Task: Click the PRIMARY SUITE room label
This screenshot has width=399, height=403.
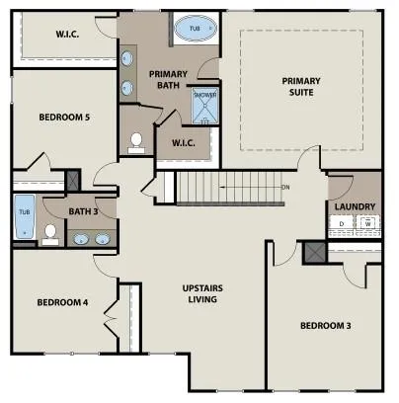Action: [x=301, y=87]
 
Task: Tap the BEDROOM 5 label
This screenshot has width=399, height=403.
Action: [x=64, y=118]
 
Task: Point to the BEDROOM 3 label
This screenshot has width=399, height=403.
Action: [x=325, y=325]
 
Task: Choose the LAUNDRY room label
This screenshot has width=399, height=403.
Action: [x=354, y=206]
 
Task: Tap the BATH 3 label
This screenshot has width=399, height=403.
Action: [x=82, y=210]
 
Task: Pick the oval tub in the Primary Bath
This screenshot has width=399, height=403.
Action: [x=194, y=32]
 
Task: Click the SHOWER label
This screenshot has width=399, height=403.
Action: [x=204, y=96]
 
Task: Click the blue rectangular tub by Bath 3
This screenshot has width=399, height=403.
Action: [x=24, y=217]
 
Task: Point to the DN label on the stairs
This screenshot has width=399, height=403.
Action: [x=284, y=187]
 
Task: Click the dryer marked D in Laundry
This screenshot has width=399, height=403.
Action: [x=342, y=224]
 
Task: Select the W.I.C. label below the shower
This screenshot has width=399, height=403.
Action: [x=185, y=144]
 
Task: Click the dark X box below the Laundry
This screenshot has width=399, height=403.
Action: [x=316, y=251]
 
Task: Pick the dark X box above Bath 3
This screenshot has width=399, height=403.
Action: [x=72, y=181]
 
